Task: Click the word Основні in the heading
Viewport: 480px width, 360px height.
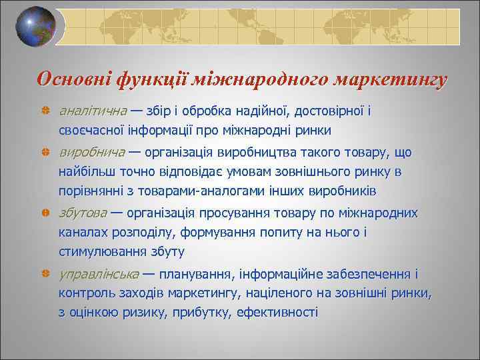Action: coord(73,80)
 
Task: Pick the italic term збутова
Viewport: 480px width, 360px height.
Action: coord(83,213)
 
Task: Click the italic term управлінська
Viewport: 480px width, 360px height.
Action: coord(99,273)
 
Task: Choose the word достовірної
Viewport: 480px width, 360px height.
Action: coord(322,111)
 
